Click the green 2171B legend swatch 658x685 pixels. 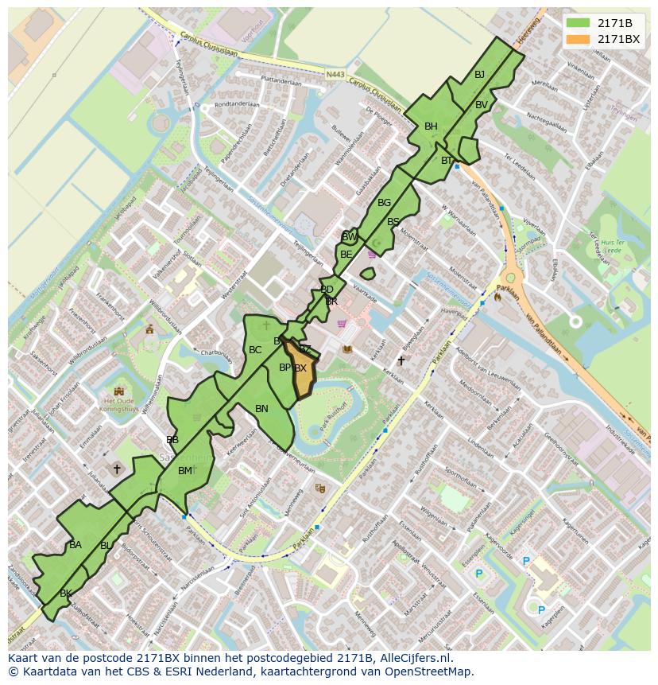[578, 23]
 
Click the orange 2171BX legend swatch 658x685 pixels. [578, 39]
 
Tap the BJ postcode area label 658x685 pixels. [479, 75]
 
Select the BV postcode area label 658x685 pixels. [482, 105]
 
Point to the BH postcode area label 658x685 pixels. [431, 126]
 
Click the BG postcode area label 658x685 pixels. [384, 203]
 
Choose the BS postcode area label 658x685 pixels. [393, 222]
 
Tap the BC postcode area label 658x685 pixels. [255, 350]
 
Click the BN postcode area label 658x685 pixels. [261, 409]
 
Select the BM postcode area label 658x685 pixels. [184, 471]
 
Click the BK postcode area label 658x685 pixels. [66, 594]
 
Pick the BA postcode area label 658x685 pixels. [75, 545]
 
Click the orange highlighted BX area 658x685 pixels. [302, 374]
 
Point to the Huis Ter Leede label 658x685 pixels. [610, 245]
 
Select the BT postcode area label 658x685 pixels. [447, 161]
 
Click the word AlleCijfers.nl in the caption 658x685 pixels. [416, 658]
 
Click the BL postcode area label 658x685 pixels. [106, 546]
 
